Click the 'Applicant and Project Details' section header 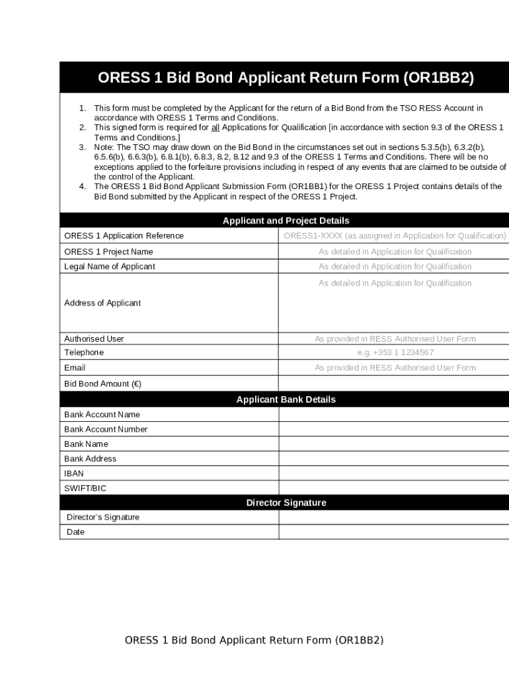286,221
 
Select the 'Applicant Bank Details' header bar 286,399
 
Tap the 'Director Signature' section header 286,502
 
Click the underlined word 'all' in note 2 215,127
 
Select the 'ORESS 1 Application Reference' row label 124,236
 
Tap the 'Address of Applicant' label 102,303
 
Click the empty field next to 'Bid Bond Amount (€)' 393,383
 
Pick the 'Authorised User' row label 94,338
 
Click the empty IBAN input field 393,473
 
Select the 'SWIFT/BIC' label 85,488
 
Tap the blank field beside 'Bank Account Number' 393,429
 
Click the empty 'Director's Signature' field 393,517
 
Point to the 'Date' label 76,532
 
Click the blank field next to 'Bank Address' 393,459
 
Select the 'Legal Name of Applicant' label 110,266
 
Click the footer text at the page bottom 255,640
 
